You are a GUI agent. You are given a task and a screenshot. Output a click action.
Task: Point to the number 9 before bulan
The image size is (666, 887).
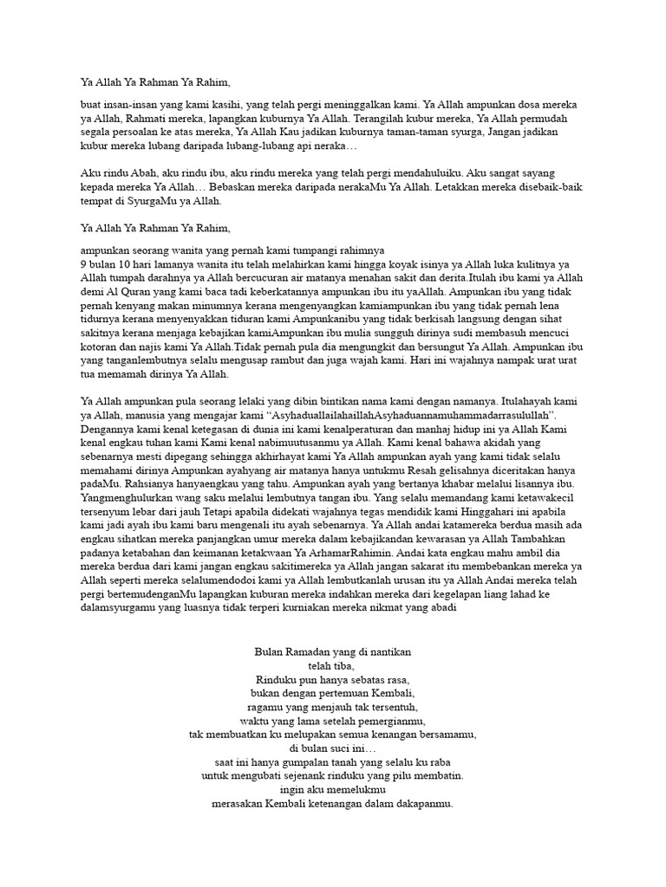point(83,262)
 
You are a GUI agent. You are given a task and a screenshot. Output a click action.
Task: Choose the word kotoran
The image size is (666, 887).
point(102,346)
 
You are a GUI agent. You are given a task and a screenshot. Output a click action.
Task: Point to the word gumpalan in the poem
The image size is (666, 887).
point(291,761)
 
